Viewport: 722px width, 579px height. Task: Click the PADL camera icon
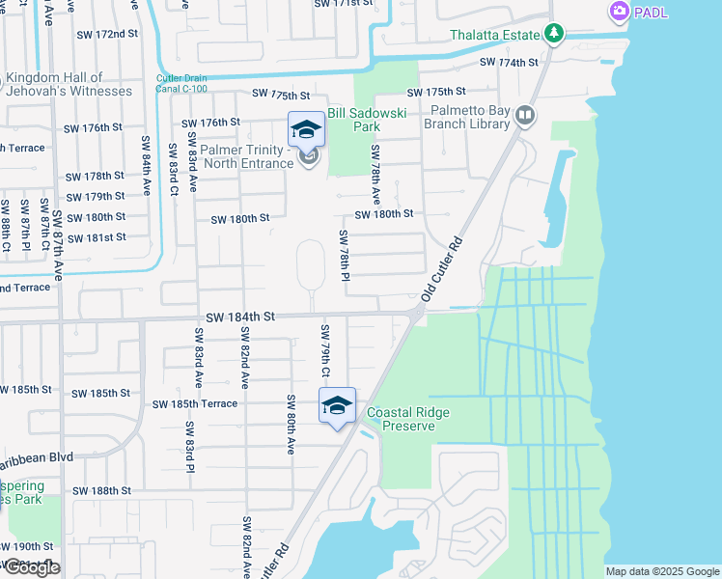619,12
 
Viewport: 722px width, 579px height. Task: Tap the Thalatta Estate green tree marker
553,36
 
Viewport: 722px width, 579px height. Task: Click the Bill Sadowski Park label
366,120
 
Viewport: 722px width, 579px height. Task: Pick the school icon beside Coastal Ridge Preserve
337,405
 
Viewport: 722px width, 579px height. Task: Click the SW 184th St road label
240,317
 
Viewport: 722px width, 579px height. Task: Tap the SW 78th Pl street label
343,257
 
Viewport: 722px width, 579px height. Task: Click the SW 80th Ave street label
290,424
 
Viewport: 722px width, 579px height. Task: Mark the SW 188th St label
99,490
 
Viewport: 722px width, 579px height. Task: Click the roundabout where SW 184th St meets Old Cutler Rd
417,314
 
